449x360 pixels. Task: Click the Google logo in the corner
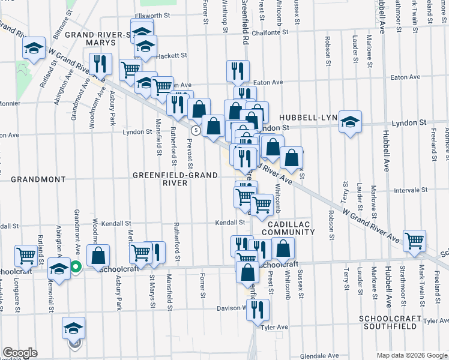click(20, 353)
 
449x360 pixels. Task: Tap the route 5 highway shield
click(196, 130)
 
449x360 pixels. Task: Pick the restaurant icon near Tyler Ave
click(258, 310)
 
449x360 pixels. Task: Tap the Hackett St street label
click(172, 56)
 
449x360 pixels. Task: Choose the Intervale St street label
click(410, 190)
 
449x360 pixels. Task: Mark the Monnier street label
click(11, 103)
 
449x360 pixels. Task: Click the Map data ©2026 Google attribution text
click(411, 355)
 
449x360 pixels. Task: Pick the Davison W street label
click(230, 309)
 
